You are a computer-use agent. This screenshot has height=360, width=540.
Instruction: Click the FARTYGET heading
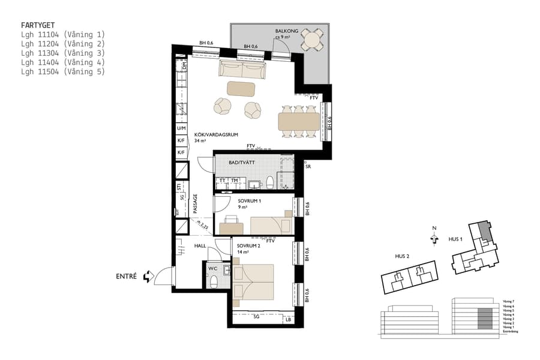pyautogui.click(x=38, y=25)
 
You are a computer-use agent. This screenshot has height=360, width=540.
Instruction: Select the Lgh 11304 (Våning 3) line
pyautogui.click(x=62, y=53)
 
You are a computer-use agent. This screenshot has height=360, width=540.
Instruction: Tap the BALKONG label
pyautogui.click(x=285, y=31)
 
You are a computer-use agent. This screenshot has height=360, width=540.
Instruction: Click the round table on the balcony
pyautogui.click(x=311, y=40)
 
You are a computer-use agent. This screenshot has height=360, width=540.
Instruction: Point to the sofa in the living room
pyautogui.click(x=242, y=70)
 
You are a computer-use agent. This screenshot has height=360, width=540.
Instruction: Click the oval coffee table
pyautogui.click(x=241, y=89)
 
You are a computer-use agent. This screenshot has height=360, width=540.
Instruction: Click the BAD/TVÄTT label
pyautogui.click(x=241, y=162)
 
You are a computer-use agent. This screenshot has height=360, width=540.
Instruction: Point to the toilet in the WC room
pyautogui.click(x=212, y=281)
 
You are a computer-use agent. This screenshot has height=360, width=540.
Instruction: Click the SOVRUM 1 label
pyautogui.click(x=249, y=201)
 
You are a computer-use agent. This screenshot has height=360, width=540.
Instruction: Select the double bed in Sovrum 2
pyautogui.click(x=261, y=281)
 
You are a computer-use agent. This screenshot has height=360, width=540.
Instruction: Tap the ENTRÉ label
pyautogui.click(x=126, y=277)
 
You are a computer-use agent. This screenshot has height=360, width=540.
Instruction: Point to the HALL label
pyautogui.click(x=200, y=246)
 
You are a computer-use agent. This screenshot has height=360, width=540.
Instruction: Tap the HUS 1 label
pyautogui.click(x=456, y=239)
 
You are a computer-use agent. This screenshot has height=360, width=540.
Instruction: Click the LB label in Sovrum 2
pyautogui.click(x=289, y=319)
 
